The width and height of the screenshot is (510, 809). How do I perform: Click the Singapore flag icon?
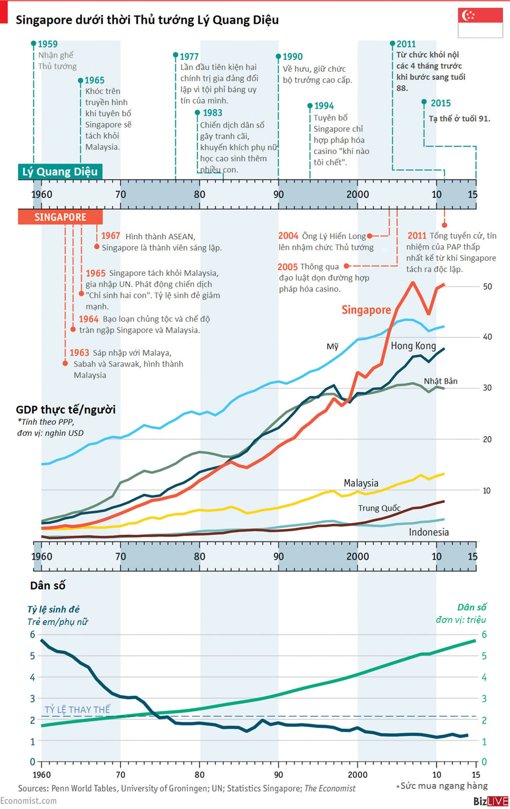pyautogui.click(x=480, y=23)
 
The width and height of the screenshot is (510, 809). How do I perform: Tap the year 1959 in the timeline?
pyautogui.click(x=47, y=44)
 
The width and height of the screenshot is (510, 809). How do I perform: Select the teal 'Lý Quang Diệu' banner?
pyautogui.click(x=60, y=172)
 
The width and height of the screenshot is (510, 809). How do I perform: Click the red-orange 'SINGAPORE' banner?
pyautogui.click(x=60, y=217)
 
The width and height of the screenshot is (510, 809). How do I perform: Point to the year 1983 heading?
pyautogui.click(x=212, y=113)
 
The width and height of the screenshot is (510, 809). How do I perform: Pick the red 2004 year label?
pyautogui.click(x=288, y=236)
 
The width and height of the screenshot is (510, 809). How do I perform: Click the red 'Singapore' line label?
pyautogui.click(x=366, y=310)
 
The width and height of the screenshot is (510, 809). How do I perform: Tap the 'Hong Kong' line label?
pyautogui.click(x=413, y=346)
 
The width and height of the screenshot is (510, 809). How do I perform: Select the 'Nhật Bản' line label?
pyautogui.click(x=440, y=381)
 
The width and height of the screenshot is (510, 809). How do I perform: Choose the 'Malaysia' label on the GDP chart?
pyautogui.click(x=361, y=483)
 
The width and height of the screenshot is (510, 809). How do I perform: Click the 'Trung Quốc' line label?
pyautogui.click(x=379, y=508)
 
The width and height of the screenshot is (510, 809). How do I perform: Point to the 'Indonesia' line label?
pyautogui.click(x=429, y=532)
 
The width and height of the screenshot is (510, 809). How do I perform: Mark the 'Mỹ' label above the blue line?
pyautogui.click(x=332, y=346)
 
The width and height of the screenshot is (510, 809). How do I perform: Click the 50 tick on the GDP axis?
pyautogui.click(x=487, y=287)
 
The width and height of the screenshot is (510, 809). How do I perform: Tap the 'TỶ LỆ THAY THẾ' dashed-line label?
pyautogui.click(x=77, y=709)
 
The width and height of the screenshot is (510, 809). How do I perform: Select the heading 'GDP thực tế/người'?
pyautogui.click(x=65, y=410)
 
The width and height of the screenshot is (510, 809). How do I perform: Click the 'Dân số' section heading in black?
pyautogui.click(x=47, y=586)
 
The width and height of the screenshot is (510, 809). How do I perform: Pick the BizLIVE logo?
pyautogui.click(x=490, y=801)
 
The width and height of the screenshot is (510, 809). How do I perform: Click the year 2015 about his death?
pyautogui.click(x=440, y=103)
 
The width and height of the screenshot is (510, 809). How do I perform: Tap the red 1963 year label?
pyautogui.click(x=79, y=353)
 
